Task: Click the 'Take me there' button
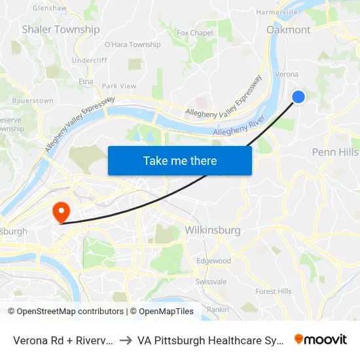[x=180, y=160]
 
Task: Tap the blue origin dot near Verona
[x=298, y=97]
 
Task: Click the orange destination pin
[x=61, y=211]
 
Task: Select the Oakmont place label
[x=289, y=29]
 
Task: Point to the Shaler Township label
[x=61, y=29]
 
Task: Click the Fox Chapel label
[x=195, y=33]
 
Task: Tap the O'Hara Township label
[x=132, y=45]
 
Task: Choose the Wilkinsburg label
[x=213, y=230]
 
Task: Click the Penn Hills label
[x=334, y=152]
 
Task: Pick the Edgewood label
[x=213, y=261]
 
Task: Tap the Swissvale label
[x=211, y=281]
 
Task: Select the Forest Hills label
[x=274, y=291]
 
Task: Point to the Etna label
[x=86, y=81]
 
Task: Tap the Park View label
[x=119, y=86]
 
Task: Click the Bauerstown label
[x=32, y=101]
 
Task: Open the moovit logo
[x=321, y=339]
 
